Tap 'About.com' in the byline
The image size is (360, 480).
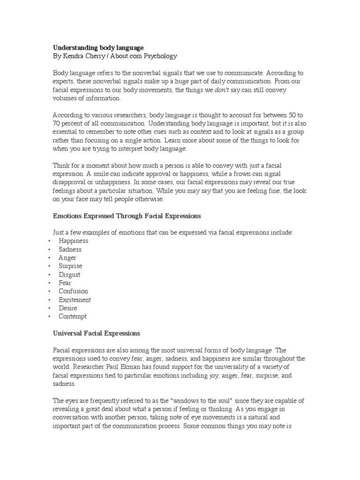(126, 56)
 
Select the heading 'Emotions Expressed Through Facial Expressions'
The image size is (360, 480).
(127, 216)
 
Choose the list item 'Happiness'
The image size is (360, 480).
(73, 241)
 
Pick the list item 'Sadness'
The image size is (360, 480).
(70, 249)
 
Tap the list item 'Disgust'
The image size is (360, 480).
(69, 275)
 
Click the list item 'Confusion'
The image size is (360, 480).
(73, 292)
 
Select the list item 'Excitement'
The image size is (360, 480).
(75, 300)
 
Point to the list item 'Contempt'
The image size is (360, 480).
(73, 317)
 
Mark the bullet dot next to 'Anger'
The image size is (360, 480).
(49, 258)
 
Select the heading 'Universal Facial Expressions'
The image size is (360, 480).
(97, 334)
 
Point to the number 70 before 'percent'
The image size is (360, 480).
(57, 124)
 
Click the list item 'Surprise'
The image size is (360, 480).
(70, 266)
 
